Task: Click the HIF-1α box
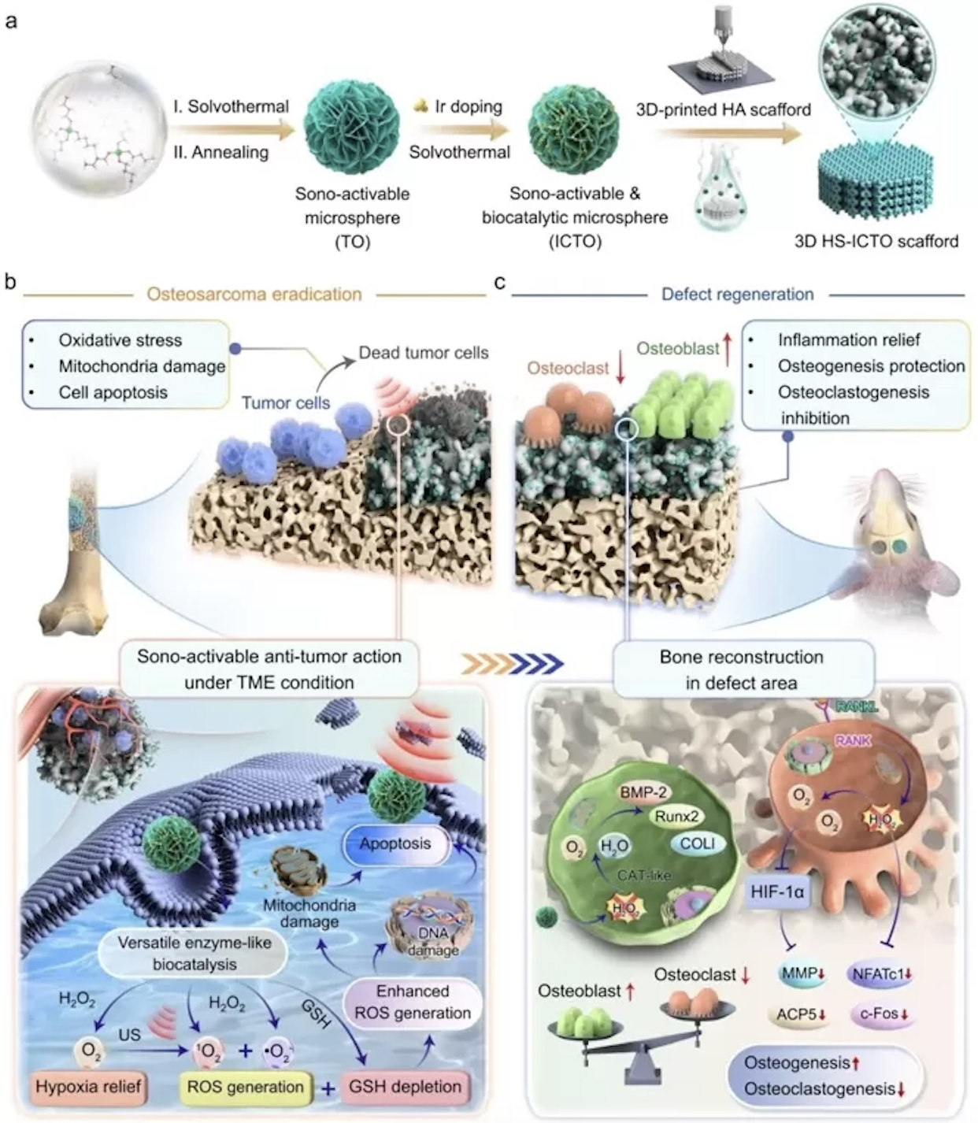click(x=778, y=892)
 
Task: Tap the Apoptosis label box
click(x=395, y=843)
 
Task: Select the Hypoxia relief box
click(x=88, y=1087)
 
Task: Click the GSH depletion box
click(x=405, y=1087)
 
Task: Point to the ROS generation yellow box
click(x=245, y=1087)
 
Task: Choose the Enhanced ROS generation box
click(x=413, y=1002)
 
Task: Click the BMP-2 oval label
click(x=643, y=793)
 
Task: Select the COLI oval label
click(x=698, y=843)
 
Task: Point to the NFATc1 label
click(x=882, y=974)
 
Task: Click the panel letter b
click(x=10, y=281)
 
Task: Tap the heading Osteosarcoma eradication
click(x=254, y=295)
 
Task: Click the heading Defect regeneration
click(x=737, y=295)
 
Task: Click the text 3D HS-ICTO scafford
click(x=876, y=241)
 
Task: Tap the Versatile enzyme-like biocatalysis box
click(x=194, y=952)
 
